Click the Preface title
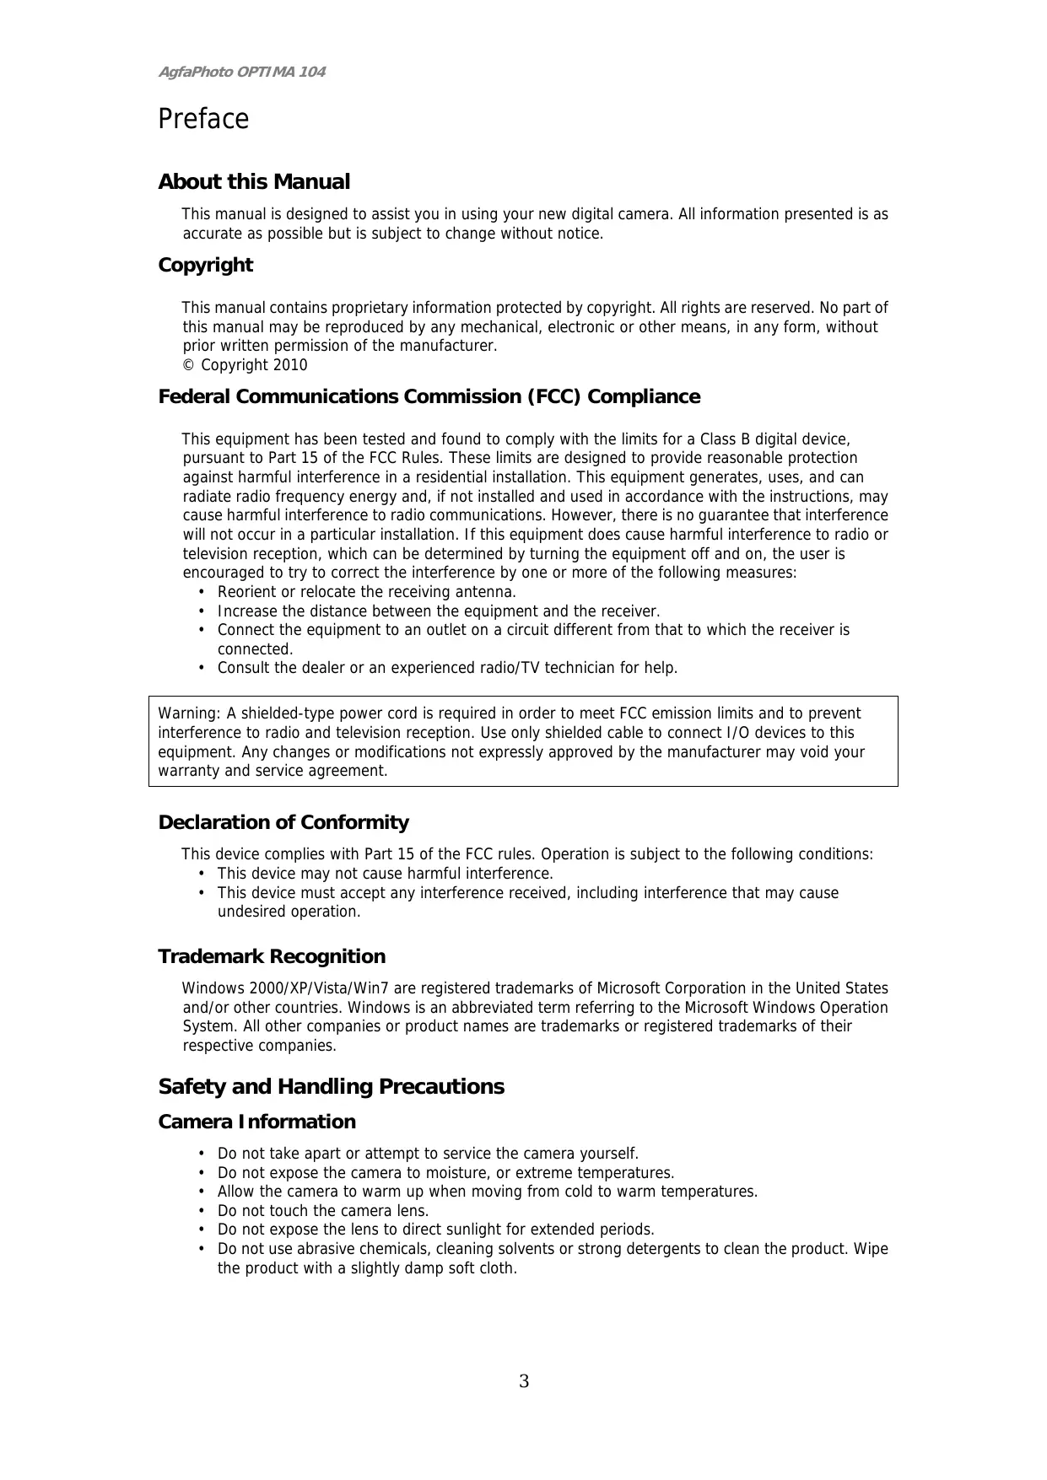pos(203,120)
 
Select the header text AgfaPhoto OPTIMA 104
pos(241,72)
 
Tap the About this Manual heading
pos(254,182)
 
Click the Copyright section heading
pos(206,265)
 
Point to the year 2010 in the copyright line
pos(290,365)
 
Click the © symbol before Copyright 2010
pos(188,365)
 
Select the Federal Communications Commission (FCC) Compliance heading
pos(429,396)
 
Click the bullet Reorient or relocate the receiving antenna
pos(366,592)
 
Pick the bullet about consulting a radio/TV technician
pos(447,668)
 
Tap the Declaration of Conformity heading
pos(283,822)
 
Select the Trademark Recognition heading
pos(272,956)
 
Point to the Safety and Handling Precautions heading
pos(331,1086)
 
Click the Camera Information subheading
pos(256,1122)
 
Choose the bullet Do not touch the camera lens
pos(323,1211)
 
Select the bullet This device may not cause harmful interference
pos(385,874)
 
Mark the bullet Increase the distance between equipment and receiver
pos(439,611)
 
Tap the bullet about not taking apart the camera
pos(428,1154)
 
